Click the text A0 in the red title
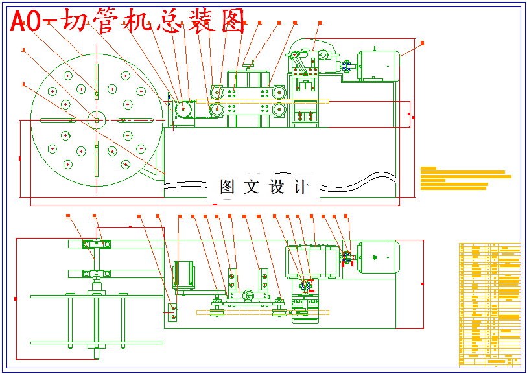point(27,23)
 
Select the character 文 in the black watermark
point(250,187)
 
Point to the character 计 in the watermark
point(301,187)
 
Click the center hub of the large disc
point(96,119)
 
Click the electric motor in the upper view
point(376,65)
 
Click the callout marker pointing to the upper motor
point(423,43)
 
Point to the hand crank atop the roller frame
point(250,64)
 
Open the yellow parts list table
point(489,303)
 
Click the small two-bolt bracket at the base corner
point(172,312)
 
